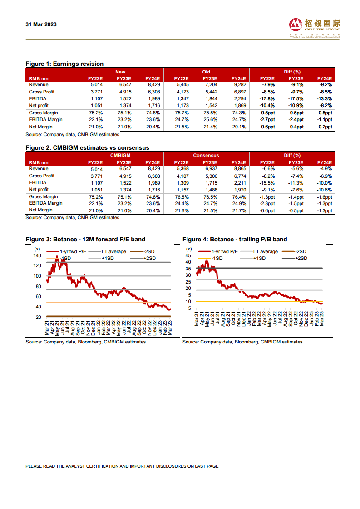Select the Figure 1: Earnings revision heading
pyautogui.click(x=64, y=64)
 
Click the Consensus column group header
pyautogui.click(x=206, y=156)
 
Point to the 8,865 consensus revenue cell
pyautogui.click(x=238, y=169)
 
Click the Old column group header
pyautogui.click(x=206, y=72)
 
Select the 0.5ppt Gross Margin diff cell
pyautogui.click(x=324, y=113)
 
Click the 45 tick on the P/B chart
pyautogui.click(x=188, y=255)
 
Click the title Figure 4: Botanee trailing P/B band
pyautogui.click(x=235, y=239)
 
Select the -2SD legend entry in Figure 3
pyautogui.click(x=144, y=251)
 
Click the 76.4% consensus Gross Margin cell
pyautogui.click(x=238, y=197)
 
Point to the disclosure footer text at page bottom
pyautogui.click(x=122, y=466)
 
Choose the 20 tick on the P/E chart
pyautogui.click(x=39, y=317)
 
